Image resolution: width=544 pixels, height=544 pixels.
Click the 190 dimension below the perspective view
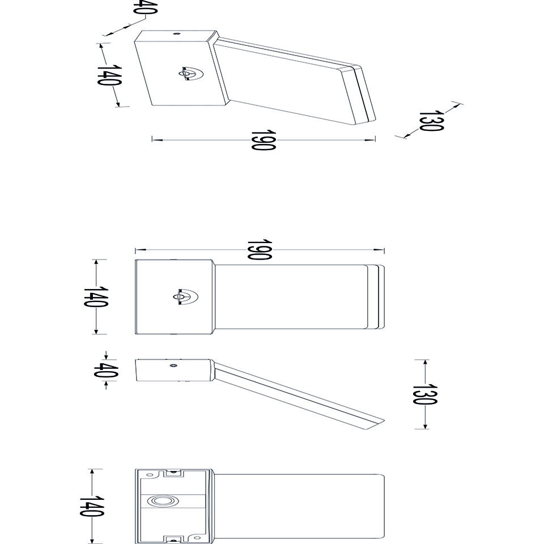(x=263, y=140)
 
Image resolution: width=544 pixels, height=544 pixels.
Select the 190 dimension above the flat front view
(x=260, y=249)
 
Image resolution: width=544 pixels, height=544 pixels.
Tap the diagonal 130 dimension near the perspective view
(x=431, y=121)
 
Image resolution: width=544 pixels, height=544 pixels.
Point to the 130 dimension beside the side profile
(x=425, y=394)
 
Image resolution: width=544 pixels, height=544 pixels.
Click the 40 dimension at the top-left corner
(x=146, y=7)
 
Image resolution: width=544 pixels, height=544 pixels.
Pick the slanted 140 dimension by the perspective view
(x=109, y=75)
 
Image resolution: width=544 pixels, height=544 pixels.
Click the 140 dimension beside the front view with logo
(x=96, y=296)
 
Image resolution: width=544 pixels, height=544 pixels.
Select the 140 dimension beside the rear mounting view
(x=92, y=506)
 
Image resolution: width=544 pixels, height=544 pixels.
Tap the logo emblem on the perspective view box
(x=191, y=74)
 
